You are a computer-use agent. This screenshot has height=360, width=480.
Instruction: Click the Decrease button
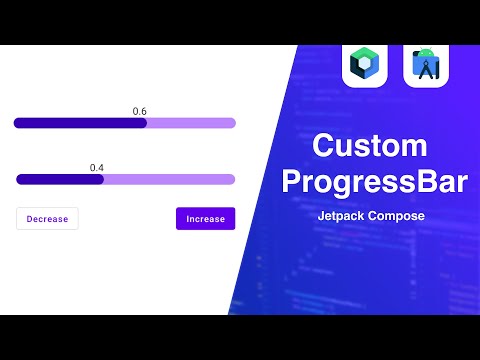[x=47, y=219]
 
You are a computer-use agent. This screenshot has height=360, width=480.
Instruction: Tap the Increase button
[x=205, y=219]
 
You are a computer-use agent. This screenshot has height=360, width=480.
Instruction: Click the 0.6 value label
[x=140, y=111]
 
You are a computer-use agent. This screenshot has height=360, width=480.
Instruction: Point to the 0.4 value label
[x=97, y=168]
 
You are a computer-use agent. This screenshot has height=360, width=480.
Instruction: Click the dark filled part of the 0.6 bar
[x=80, y=123]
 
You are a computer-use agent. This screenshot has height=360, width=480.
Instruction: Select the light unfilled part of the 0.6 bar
[x=190, y=123]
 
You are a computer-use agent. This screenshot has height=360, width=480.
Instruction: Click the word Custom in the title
[x=369, y=147]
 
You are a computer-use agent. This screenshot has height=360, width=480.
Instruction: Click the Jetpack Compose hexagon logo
[x=364, y=66]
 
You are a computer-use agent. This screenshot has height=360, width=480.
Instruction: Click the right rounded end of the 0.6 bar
[x=232, y=123]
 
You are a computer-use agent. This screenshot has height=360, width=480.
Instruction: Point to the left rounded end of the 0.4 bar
[x=20, y=180]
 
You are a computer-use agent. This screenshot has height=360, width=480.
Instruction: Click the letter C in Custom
[x=324, y=147]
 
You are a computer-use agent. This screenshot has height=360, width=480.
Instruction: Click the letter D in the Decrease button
[x=30, y=219]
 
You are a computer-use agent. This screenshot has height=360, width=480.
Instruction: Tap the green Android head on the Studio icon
[x=426, y=52]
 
